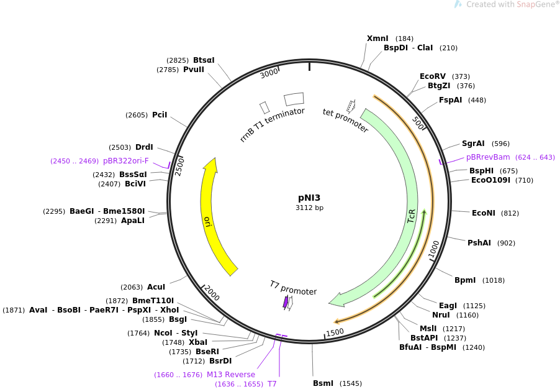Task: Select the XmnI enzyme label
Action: coord(377,39)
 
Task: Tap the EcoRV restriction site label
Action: coord(433,76)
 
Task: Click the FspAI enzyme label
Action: coord(450,100)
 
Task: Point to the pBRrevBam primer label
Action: coord(488,157)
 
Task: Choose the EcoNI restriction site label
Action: coord(483,213)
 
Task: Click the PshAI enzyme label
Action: coord(479,243)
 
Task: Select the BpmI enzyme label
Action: coord(465,280)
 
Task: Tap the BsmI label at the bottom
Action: coord(323,383)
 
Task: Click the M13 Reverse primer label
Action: coord(231,375)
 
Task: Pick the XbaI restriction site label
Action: coord(198,342)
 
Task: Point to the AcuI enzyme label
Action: coord(156,287)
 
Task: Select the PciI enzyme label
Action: coord(160,115)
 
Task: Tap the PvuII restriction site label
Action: coord(194,70)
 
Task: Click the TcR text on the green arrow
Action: coord(411,217)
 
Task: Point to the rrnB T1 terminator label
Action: coord(272,124)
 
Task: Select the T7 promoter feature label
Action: coord(293,288)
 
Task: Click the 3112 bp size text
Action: coord(309,208)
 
